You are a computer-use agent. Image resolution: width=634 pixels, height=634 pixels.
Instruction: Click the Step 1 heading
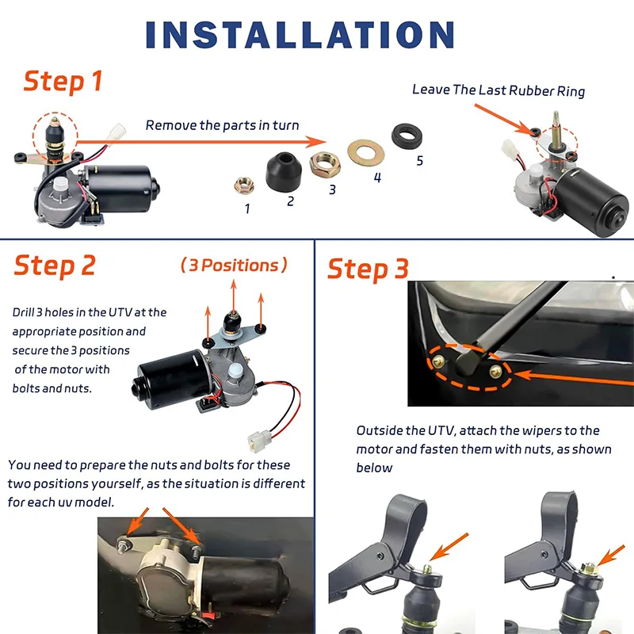(63, 81)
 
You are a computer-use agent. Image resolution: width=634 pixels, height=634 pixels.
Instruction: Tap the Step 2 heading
(55, 265)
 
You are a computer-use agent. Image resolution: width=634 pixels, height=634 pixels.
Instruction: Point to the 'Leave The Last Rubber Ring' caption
(498, 90)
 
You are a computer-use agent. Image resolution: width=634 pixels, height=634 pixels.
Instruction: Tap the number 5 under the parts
(419, 161)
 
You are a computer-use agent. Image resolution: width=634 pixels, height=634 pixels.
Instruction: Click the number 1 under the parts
(247, 209)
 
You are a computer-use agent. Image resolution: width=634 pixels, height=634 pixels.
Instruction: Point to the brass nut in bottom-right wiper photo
(590, 567)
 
